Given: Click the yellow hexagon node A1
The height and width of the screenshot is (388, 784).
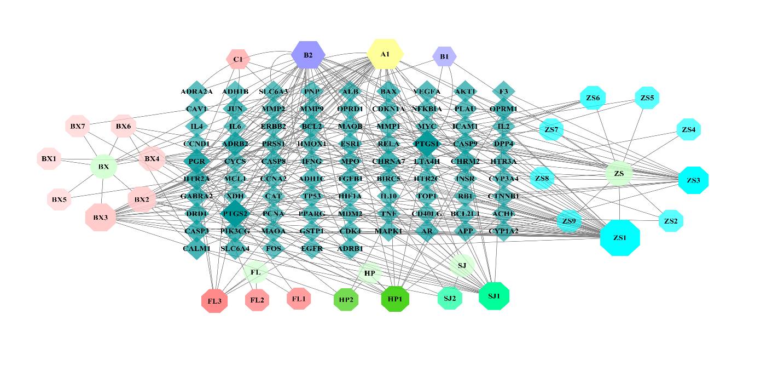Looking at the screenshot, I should (x=385, y=54).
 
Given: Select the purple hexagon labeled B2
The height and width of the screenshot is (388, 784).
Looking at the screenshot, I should (x=308, y=55).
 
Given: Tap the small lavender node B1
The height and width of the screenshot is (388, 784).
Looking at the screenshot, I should (x=444, y=56).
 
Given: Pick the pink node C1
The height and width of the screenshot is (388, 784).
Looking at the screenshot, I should (x=238, y=59).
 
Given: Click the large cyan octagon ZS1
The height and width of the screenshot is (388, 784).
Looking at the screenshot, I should (x=619, y=238).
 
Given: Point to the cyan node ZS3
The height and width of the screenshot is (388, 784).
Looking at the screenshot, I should (x=693, y=180).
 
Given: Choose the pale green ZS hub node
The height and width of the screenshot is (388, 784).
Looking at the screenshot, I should (x=619, y=174).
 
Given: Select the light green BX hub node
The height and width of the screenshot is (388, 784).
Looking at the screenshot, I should (x=103, y=167).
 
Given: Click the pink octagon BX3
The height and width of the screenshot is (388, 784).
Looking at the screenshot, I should (x=101, y=217).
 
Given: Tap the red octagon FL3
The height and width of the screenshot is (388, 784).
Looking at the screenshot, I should (x=214, y=300).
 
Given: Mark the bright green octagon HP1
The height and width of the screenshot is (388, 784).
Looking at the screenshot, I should (x=395, y=299).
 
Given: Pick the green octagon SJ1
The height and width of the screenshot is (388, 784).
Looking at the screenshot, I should (x=494, y=296).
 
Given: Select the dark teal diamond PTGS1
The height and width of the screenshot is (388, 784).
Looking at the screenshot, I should (x=427, y=144).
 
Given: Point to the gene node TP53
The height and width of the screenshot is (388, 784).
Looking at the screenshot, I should (x=312, y=196).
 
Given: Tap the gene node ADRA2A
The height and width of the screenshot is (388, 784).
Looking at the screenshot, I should (x=196, y=92).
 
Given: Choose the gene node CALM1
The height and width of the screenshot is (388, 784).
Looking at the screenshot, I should (x=196, y=248).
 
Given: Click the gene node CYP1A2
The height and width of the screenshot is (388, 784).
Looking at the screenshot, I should (x=503, y=231).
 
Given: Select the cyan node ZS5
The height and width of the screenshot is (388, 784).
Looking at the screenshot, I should (x=647, y=98).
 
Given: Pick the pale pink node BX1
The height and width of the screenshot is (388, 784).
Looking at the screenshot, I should (x=49, y=159).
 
